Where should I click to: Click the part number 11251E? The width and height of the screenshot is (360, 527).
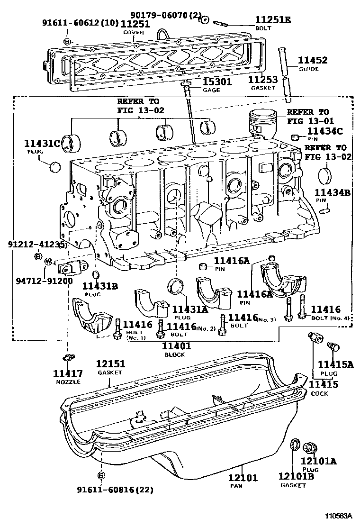pos(273,19)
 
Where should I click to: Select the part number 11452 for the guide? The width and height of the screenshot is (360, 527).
pos(312,60)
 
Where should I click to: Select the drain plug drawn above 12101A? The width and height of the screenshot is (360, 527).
pos(310,447)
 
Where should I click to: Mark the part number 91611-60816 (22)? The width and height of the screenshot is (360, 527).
pos(115,489)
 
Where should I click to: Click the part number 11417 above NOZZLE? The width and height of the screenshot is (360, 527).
pos(68,373)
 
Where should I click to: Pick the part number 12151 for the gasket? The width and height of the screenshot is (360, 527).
pos(110,364)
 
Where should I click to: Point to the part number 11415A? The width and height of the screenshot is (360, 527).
pos(335,364)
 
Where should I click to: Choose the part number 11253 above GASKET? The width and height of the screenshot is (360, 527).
pos(263,80)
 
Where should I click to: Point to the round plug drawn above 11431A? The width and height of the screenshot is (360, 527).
pos(176,287)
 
